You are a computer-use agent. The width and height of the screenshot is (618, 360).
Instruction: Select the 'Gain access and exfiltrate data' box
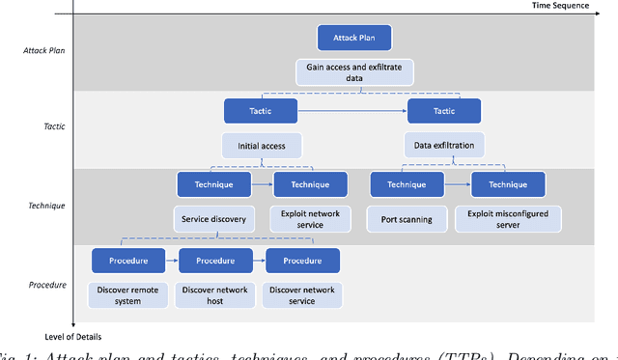[x=354, y=71]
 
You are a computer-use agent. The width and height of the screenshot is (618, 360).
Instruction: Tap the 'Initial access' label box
[x=262, y=146]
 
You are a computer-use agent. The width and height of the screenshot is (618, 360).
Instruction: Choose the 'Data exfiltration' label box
[x=443, y=146]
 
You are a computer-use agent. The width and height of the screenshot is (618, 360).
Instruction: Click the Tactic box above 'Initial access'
[x=261, y=110]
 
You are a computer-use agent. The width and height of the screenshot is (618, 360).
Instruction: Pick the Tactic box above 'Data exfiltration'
[x=443, y=110]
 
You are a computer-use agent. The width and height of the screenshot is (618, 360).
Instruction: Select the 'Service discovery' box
[x=214, y=219]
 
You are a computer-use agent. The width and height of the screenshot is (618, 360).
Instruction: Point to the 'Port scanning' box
[x=407, y=219]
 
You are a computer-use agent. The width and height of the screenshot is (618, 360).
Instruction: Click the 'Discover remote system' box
[x=127, y=294]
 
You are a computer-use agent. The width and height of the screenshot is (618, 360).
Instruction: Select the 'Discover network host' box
[x=215, y=294]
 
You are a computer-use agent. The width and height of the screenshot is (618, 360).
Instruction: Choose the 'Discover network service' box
[x=302, y=294]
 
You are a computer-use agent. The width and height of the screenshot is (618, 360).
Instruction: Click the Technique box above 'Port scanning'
[x=407, y=183]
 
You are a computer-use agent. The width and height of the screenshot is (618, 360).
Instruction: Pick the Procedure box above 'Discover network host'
[x=215, y=260]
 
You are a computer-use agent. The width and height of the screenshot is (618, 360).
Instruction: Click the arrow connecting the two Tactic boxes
[x=351, y=111]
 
